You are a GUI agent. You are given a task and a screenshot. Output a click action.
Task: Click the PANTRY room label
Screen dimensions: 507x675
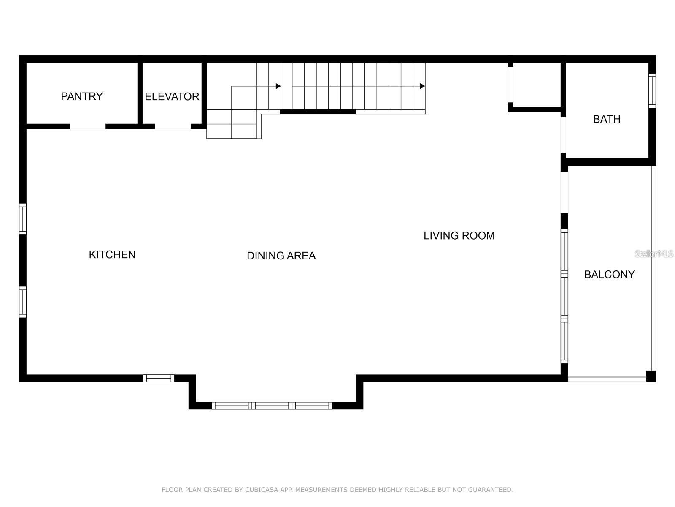(82, 96)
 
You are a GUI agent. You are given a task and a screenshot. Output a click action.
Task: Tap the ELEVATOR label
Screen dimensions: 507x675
(172, 96)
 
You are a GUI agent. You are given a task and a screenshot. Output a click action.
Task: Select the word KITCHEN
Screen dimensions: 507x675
(112, 254)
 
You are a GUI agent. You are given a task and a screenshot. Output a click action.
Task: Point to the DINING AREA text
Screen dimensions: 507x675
(281, 256)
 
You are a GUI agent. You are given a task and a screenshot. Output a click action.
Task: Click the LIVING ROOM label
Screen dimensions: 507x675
(459, 235)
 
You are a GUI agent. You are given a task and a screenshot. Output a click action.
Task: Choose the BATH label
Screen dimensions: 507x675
(607, 119)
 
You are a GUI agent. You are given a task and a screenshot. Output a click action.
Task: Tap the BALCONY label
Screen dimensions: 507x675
(609, 275)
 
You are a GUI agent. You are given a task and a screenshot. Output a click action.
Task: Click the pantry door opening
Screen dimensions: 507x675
(88, 126)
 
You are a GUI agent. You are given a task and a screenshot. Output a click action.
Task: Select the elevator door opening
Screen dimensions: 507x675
(173, 126)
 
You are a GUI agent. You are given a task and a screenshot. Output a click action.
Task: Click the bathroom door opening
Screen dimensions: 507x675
(563, 134)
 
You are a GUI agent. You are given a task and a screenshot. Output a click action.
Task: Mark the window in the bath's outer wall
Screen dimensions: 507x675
(652, 90)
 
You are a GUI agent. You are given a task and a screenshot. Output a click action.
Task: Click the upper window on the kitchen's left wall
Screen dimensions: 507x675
(23, 219)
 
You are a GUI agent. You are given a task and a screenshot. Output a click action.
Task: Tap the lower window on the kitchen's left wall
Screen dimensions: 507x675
(23, 302)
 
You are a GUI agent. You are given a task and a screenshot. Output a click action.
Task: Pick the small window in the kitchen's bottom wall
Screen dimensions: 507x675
(159, 378)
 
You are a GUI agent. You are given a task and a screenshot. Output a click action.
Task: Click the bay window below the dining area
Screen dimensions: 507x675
(272, 406)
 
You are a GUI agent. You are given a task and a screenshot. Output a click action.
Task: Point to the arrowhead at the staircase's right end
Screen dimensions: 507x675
(422, 86)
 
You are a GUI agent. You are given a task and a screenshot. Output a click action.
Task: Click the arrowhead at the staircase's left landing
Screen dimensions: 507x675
(278, 86)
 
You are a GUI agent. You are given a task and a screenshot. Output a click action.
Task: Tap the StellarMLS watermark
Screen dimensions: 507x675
(654, 253)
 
